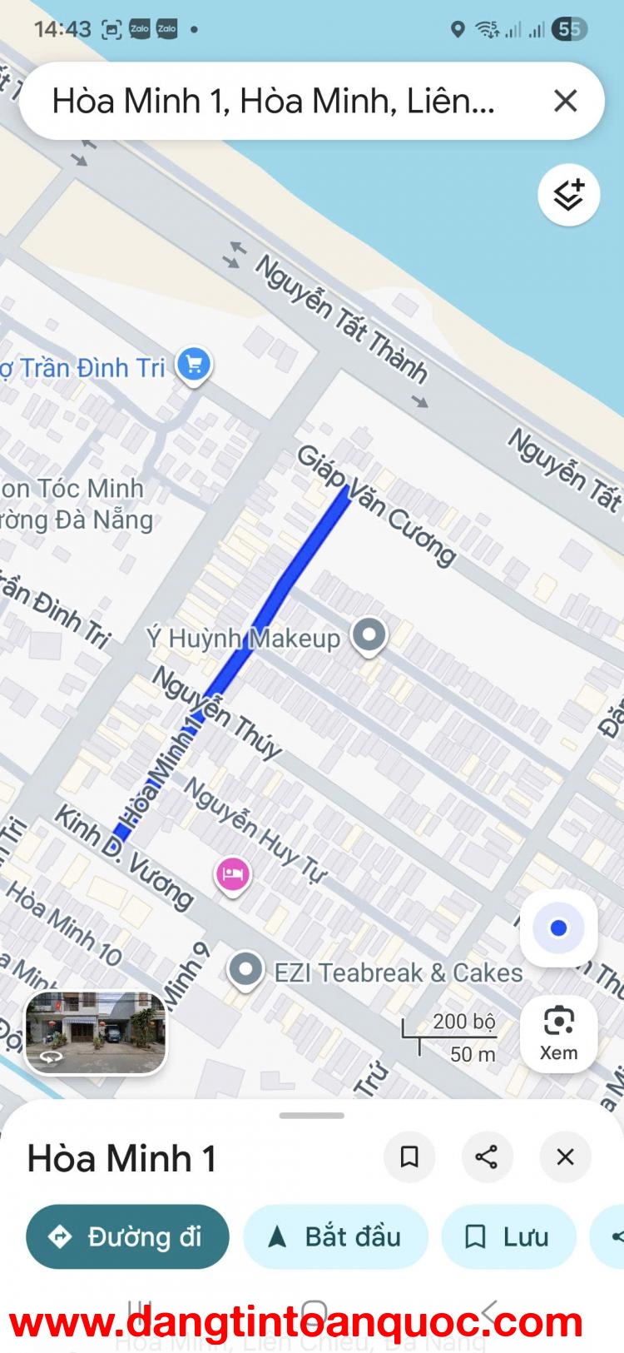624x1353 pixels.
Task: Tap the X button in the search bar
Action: coord(565,101)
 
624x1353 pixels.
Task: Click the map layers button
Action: coord(569,195)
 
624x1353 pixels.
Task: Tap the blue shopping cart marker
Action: coord(194,365)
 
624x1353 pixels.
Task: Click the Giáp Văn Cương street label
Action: coord(377,505)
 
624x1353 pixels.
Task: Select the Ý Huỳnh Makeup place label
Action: coord(243,639)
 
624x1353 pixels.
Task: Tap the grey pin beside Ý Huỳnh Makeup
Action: coord(369,635)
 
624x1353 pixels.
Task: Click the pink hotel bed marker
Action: coord(233,874)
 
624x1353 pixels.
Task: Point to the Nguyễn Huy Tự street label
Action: coord(255,829)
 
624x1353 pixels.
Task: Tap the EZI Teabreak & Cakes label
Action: coord(399,972)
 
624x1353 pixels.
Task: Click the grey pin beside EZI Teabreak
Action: coord(245,969)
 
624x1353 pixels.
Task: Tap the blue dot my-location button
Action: coord(558,928)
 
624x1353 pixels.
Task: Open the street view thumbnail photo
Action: coord(96,1032)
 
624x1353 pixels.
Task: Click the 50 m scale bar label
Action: coord(473,1054)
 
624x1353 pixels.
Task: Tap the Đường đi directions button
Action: coord(127,1236)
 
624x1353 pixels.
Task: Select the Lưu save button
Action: coord(508,1236)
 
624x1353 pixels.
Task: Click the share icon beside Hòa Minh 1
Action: coord(487,1157)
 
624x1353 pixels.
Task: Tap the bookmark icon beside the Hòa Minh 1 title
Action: coord(409,1157)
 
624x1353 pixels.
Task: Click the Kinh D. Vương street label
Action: coord(123,857)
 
